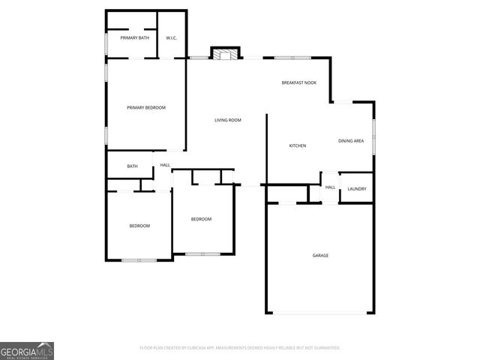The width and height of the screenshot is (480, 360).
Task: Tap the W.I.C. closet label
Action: point(171,37)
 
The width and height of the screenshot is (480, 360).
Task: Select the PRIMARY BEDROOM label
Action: point(145,107)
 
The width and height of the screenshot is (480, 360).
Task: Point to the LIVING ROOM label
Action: point(227,120)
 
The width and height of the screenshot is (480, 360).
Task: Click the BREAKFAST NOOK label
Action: point(298,82)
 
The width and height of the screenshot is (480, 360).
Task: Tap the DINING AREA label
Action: point(351,141)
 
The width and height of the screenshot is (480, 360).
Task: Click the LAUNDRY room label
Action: point(357,188)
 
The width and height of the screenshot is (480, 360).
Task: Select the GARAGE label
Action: point(320,256)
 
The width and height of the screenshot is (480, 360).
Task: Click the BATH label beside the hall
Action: point(132,166)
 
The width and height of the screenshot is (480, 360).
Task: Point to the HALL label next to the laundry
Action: point(330,187)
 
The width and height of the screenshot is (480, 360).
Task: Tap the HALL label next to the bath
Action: point(165,165)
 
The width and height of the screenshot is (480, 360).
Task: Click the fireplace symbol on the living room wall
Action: point(226,53)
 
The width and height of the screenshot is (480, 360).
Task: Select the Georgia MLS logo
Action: point(27,350)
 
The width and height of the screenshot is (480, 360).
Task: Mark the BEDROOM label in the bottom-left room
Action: point(139,226)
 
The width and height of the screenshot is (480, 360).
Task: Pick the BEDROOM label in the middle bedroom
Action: point(201,219)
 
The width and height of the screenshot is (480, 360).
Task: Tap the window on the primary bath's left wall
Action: point(106,43)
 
